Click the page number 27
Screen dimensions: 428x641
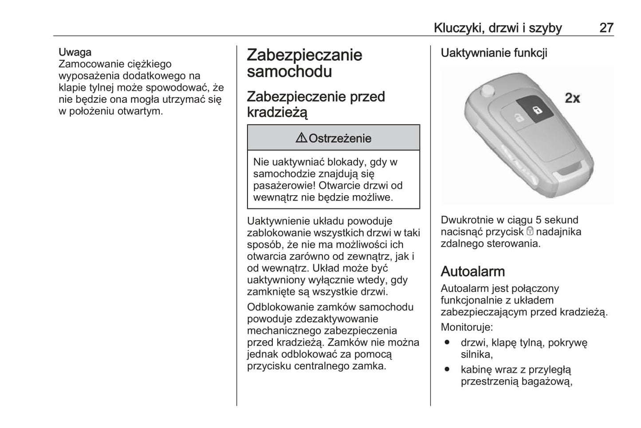pos(606,28)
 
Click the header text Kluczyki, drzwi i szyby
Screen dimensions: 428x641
pos(497,28)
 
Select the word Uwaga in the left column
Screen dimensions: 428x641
pos(75,52)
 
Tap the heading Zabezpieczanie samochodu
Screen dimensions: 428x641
pos(304,63)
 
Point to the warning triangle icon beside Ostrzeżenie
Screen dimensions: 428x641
pos(301,138)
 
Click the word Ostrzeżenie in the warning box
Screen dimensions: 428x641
pos(340,138)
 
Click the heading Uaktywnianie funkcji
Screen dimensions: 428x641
pos(494,53)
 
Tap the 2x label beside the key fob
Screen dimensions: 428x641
pos(572,98)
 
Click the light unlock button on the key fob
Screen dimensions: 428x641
pos(518,118)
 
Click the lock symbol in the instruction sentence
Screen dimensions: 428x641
pos(530,232)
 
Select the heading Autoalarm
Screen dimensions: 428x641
pos(472,271)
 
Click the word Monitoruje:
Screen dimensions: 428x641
pos(467,327)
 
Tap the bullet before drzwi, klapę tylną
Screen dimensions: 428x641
pos(447,342)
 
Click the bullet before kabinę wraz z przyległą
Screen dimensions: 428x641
pos(447,369)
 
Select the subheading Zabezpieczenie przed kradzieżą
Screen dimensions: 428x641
pos(315,104)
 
